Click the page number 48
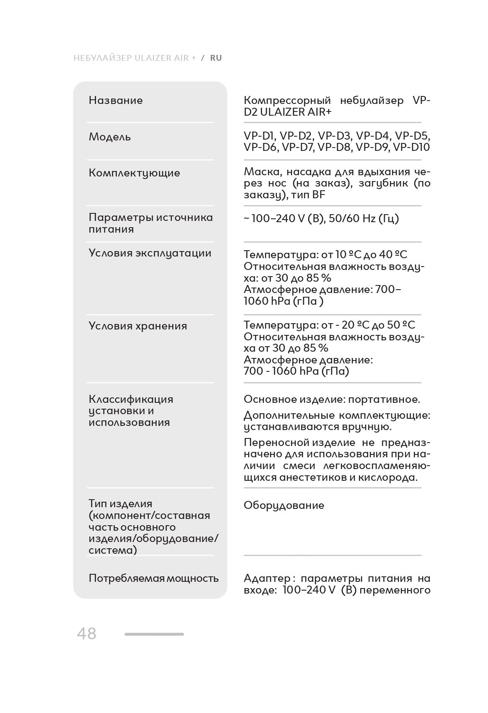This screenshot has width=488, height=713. [x=86, y=633]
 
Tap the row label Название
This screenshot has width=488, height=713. [x=116, y=101]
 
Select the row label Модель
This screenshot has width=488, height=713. [x=110, y=137]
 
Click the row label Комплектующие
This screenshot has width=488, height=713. [x=134, y=173]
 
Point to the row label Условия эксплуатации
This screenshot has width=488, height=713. [x=150, y=253]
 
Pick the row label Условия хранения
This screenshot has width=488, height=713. [x=138, y=326]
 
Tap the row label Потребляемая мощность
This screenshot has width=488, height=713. [x=153, y=578]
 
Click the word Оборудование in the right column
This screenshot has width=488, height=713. [x=284, y=506]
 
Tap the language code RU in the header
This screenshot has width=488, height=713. [x=216, y=58]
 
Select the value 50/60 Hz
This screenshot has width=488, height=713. [x=352, y=219]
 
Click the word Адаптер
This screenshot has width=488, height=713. [x=267, y=578]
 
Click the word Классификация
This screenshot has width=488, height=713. [x=131, y=399]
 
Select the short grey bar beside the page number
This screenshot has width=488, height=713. [x=154, y=634]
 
